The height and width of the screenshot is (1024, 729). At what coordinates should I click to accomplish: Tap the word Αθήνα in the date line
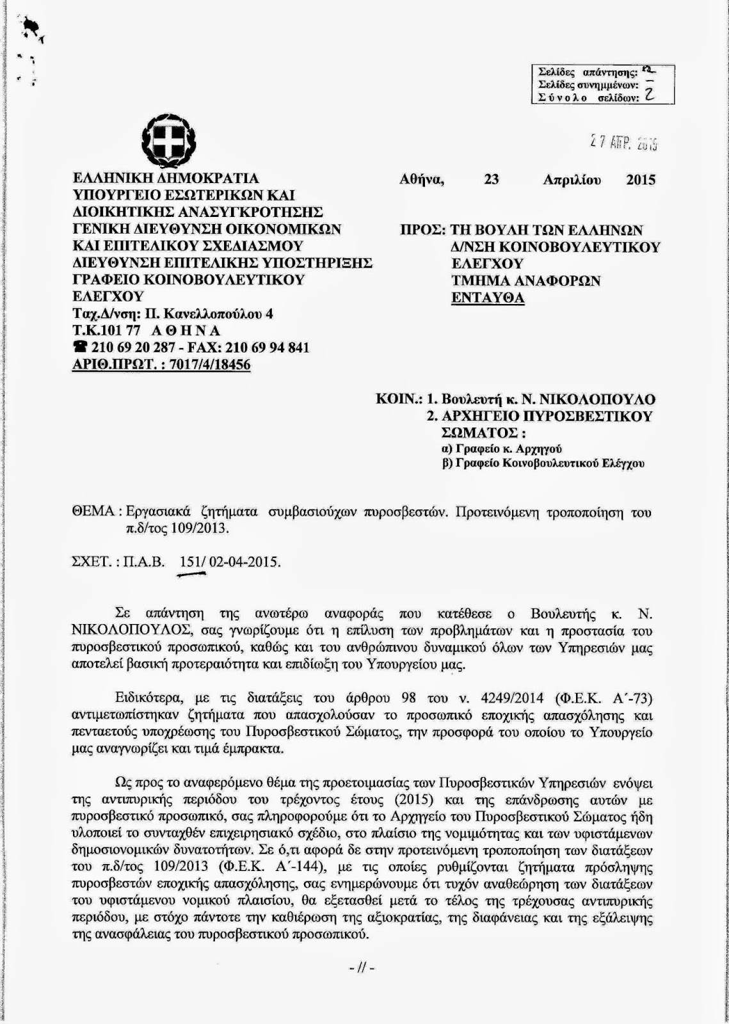pos(422,180)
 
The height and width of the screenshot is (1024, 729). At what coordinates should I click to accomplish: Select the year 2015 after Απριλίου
pos(641,180)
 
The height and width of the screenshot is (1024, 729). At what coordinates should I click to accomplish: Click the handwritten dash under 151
pos(191,575)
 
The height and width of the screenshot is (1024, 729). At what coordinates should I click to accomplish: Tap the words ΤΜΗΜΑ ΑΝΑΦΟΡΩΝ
pos(525,280)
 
